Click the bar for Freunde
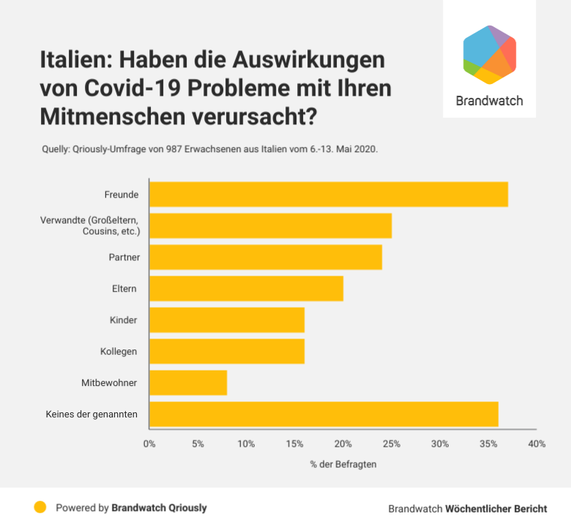pyautogui.click(x=328, y=194)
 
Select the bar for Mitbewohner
pyautogui.click(x=188, y=382)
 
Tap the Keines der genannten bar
pyautogui.click(x=324, y=414)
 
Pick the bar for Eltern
pyautogui.click(x=246, y=288)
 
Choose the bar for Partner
pyautogui.click(x=266, y=257)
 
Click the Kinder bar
pyautogui.click(x=227, y=319)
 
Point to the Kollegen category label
pyautogui.click(x=119, y=352)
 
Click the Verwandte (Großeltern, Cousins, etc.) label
pyautogui.click(x=90, y=225)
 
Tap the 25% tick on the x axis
pyautogui.click(x=391, y=444)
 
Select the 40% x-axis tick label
pyautogui.click(x=537, y=444)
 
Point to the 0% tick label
pyautogui.click(x=149, y=444)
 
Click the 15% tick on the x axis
pyautogui.click(x=294, y=444)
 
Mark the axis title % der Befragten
pyautogui.click(x=343, y=463)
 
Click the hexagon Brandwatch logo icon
pyautogui.click(x=490, y=55)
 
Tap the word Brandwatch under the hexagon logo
pyautogui.click(x=489, y=101)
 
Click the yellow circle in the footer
pyautogui.click(x=40, y=507)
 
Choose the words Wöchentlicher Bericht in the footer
pyautogui.click(x=496, y=508)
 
